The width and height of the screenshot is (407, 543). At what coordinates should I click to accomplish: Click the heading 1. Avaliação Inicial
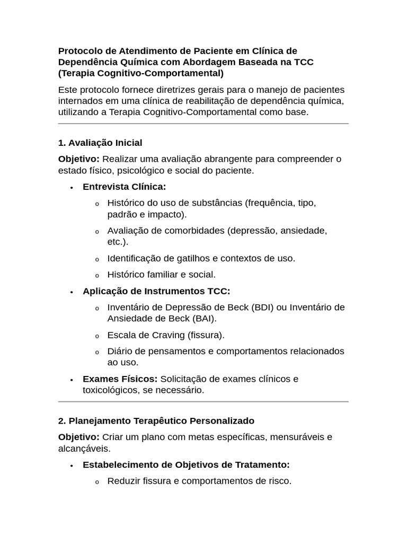click(100, 143)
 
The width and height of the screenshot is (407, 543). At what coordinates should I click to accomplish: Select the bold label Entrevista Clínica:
click(124, 187)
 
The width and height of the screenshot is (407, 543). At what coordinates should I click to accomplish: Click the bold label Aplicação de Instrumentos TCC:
click(156, 291)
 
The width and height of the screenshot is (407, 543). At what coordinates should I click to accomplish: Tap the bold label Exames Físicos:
click(120, 379)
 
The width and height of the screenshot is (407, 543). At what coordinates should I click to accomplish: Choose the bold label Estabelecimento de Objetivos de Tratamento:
click(186, 465)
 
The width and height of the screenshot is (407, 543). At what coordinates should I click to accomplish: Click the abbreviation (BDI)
click(262, 308)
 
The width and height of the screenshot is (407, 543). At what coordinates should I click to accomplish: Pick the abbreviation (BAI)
click(205, 319)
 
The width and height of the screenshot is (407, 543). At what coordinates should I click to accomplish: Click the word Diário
click(121, 352)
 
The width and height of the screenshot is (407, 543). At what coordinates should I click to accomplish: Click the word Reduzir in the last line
click(124, 481)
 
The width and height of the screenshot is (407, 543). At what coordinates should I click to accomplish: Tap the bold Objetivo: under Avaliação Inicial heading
click(78, 160)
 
